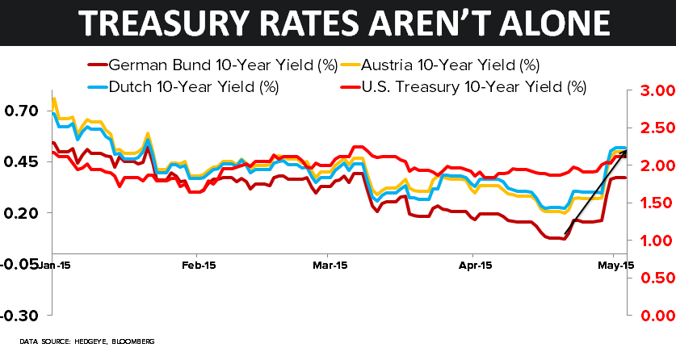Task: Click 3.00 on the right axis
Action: click(650, 90)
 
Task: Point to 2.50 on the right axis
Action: click(650, 128)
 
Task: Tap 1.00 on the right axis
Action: click(650, 241)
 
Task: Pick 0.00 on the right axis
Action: click(650, 316)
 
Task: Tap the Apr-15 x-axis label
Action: click(475, 264)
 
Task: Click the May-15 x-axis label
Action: click(615, 264)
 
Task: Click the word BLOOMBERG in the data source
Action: click(132, 342)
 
